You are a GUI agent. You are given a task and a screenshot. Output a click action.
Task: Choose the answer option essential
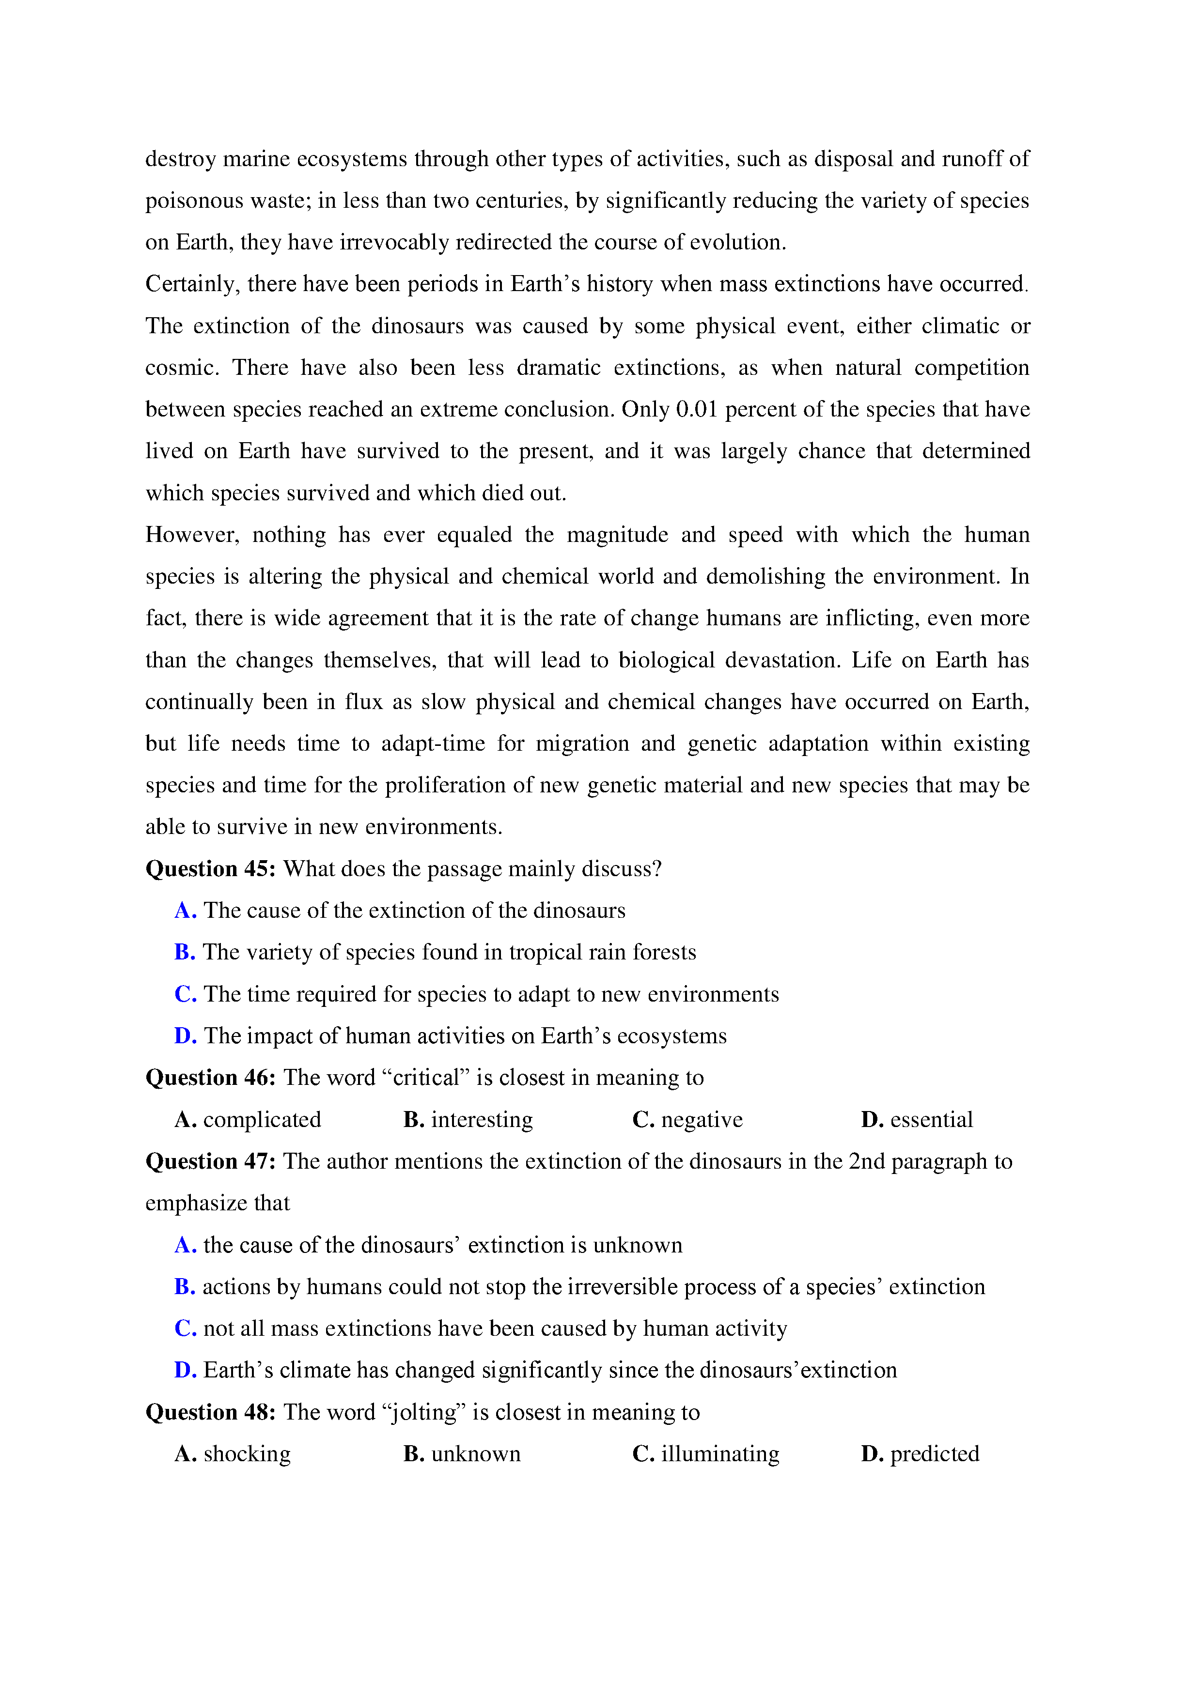(x=931, y=1120)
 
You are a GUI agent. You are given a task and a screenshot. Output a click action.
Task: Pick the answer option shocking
(x=247, y=1454)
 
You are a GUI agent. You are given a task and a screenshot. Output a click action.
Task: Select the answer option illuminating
(x=719, y=1454)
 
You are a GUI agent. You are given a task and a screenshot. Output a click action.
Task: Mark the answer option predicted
(x=934, y=1454)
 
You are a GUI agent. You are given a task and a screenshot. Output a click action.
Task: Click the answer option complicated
(x=262, y=1120)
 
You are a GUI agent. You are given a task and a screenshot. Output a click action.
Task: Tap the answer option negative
(x=702, y=1120)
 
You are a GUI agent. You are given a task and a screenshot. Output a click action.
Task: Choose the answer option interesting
(x=482, y=1120)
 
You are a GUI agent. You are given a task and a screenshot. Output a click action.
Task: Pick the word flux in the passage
(x=363, y=701)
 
